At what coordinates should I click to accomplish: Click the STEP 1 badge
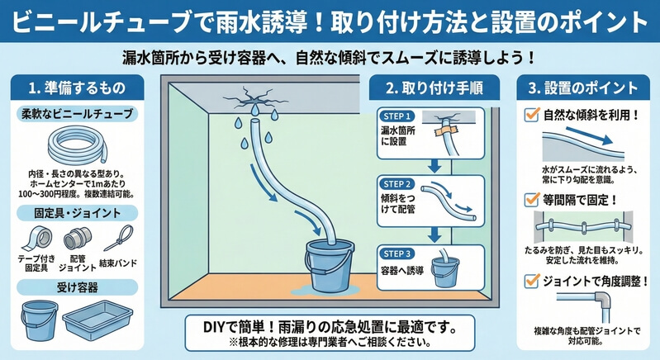click(396, 116)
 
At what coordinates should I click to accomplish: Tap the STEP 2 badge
click(396, 184)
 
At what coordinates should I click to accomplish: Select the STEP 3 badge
click(396, 254)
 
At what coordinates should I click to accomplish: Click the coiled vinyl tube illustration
click(78, 147)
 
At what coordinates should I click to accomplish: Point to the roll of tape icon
click(36, 239)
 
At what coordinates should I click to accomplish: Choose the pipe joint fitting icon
click(77, 238)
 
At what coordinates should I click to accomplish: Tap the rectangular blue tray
click(97, 319)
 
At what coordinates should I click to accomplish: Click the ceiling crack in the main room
click(253, 100)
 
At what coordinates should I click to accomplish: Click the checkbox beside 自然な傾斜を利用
click(532, 115)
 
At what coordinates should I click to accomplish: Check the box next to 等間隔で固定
click(532, 199)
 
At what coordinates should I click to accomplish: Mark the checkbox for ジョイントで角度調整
click(532, 281)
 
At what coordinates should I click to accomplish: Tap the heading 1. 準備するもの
click(77, 88)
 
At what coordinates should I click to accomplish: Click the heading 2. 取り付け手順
click(434, 88)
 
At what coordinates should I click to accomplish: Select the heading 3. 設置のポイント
click(583, 88)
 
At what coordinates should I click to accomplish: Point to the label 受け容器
click(78, 287)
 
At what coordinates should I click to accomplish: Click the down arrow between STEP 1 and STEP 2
click(434, 166)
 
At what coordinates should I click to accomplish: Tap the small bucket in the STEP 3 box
click(445, 271)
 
